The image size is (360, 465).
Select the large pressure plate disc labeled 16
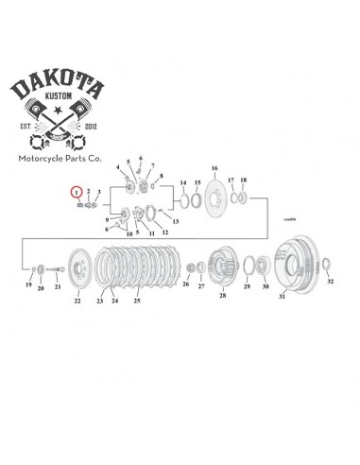tap(214, 197)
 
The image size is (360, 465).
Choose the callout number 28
tap(223, 296)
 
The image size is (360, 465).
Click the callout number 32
tap(330, 283)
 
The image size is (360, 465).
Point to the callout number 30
tap(265, 285)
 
